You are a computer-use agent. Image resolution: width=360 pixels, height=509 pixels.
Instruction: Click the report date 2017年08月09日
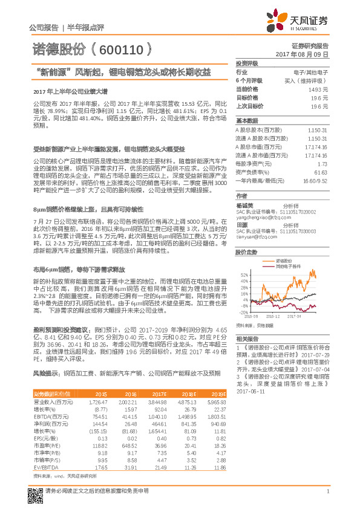click(306, 54)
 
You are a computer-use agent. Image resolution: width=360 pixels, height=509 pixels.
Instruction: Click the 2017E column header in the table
click(160, 394)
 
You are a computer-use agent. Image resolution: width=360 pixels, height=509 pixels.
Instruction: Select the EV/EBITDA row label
click(46, 467)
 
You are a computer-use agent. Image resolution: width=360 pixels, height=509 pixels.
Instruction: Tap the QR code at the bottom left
click(34, 490)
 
